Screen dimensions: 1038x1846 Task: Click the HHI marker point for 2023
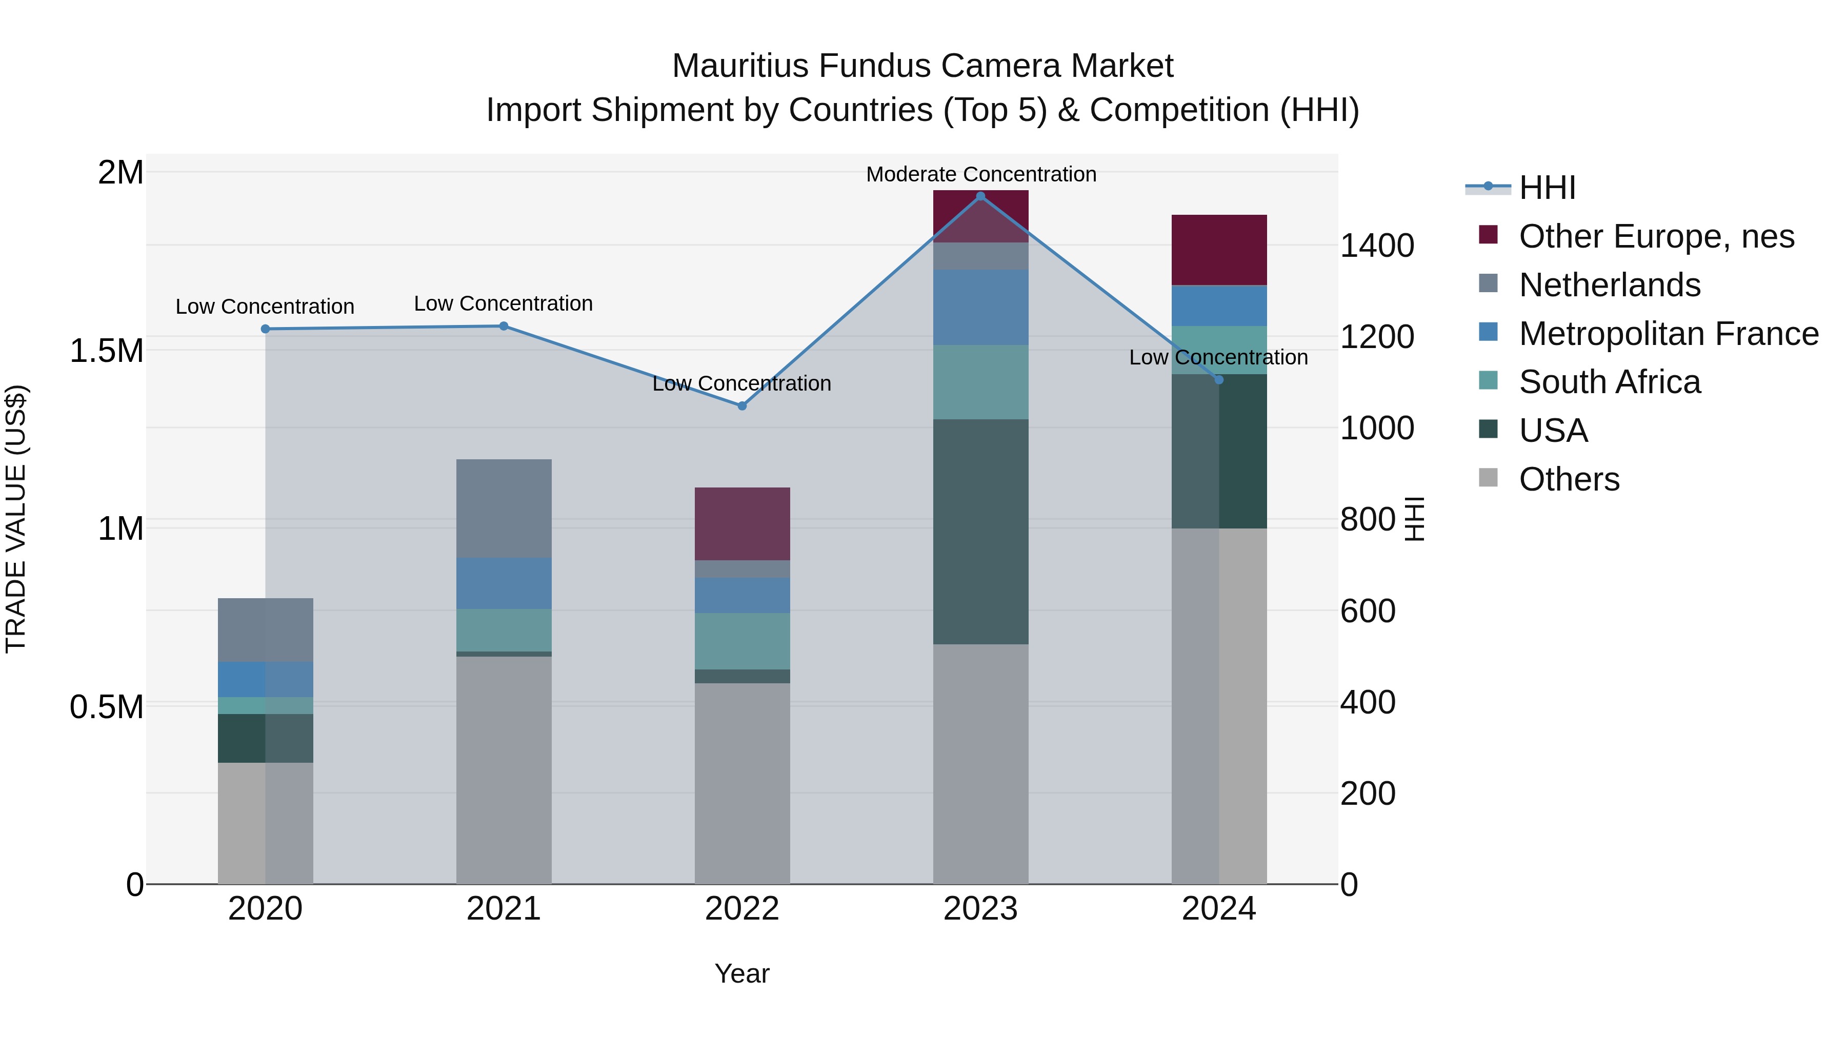click(980, 196)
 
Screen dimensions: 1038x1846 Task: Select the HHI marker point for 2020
click(265, 329)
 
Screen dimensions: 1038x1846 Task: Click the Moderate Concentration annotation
click(980, 174)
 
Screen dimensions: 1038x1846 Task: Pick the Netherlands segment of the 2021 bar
click(504, 508)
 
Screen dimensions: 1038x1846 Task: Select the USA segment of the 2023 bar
click(980, 532)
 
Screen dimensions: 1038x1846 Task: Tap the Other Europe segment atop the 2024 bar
click(1219, 249)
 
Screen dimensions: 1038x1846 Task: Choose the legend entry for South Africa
click(1609, 382)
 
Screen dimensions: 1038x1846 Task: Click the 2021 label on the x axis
click(504, 909)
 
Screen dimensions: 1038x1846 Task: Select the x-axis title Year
click(741, 973)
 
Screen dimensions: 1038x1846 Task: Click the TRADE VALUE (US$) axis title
click(16, 519)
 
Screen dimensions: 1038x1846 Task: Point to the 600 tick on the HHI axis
click(1367, 611)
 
